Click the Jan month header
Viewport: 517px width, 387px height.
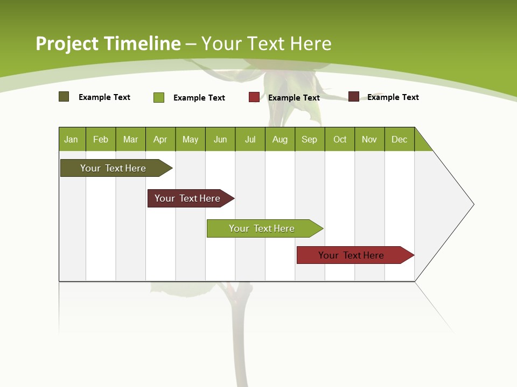[x=72, y=139]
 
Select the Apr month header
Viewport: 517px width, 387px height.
[x=160, y=139]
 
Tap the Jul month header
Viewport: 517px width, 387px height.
[x=250, y=139]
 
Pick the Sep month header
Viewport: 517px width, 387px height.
[x=310, y=139]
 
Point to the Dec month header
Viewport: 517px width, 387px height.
[x=399, y=139]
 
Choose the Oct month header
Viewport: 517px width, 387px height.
[x=340, y=139]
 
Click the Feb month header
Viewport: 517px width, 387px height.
[x=101, y=139]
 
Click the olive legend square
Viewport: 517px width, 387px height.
[x=64, y=97]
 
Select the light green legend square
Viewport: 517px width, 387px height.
[x=159, y=97]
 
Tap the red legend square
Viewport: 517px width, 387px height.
[x=254, y=97]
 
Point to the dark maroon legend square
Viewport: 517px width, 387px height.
[x=354, y=97]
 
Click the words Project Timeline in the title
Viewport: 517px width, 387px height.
[x=108, y=44]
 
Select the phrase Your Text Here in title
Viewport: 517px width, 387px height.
[x=267, y=44]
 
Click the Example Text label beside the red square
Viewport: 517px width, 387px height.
[x=294, y=98]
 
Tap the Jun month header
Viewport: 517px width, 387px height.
[x=220, y=139]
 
